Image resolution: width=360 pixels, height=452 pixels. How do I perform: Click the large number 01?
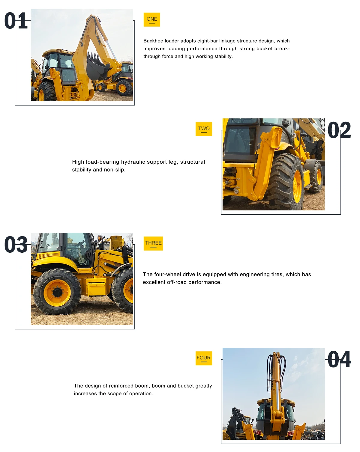(16, 21)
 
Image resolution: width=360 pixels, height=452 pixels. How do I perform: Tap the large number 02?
(339, 130)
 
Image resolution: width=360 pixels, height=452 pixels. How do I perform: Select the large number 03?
(16, 245)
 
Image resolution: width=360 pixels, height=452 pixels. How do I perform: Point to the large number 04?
(339, 359)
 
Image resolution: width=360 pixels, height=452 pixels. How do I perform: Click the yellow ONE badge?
(152, 19)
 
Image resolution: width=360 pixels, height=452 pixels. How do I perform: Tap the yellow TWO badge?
(204, 129)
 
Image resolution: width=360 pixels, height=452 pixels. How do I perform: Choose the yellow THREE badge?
(153, 243)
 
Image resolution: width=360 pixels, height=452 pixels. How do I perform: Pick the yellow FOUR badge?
(204, 358)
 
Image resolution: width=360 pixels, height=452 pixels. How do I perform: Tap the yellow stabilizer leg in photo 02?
(265, 162)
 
